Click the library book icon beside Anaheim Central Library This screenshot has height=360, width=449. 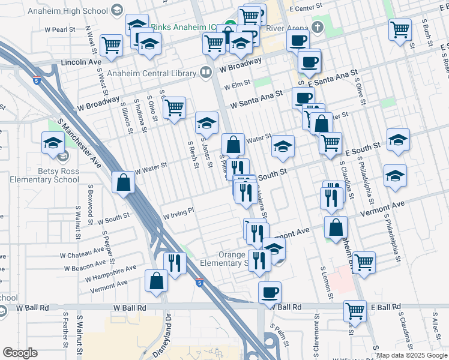point(206,72)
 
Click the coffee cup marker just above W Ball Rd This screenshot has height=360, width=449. point(270,292)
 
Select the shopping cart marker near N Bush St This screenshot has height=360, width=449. point(400,29)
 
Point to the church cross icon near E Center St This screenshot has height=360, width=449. point(318,28)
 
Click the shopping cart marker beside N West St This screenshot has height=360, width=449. point(111,45)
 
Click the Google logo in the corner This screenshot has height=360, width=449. point(20,353)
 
